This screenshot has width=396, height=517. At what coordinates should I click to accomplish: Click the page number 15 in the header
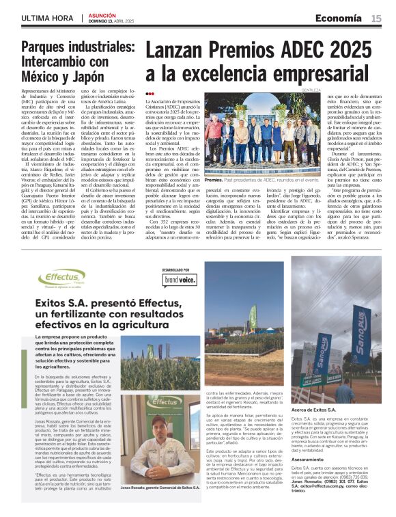[x=376, y=18]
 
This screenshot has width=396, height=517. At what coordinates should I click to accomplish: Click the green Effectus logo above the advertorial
[x=62, y=278]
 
